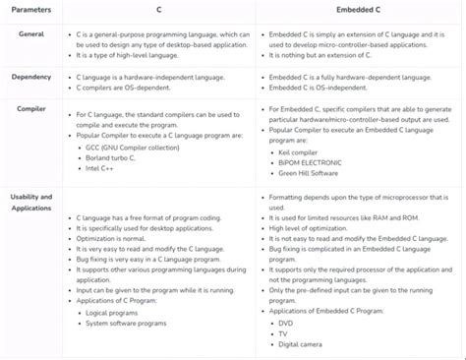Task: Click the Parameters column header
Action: (32, 10)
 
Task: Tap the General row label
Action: (31, 34)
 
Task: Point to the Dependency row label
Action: (31, 76)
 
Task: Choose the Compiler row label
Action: (31, 108)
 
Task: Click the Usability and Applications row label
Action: (31, 202)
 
